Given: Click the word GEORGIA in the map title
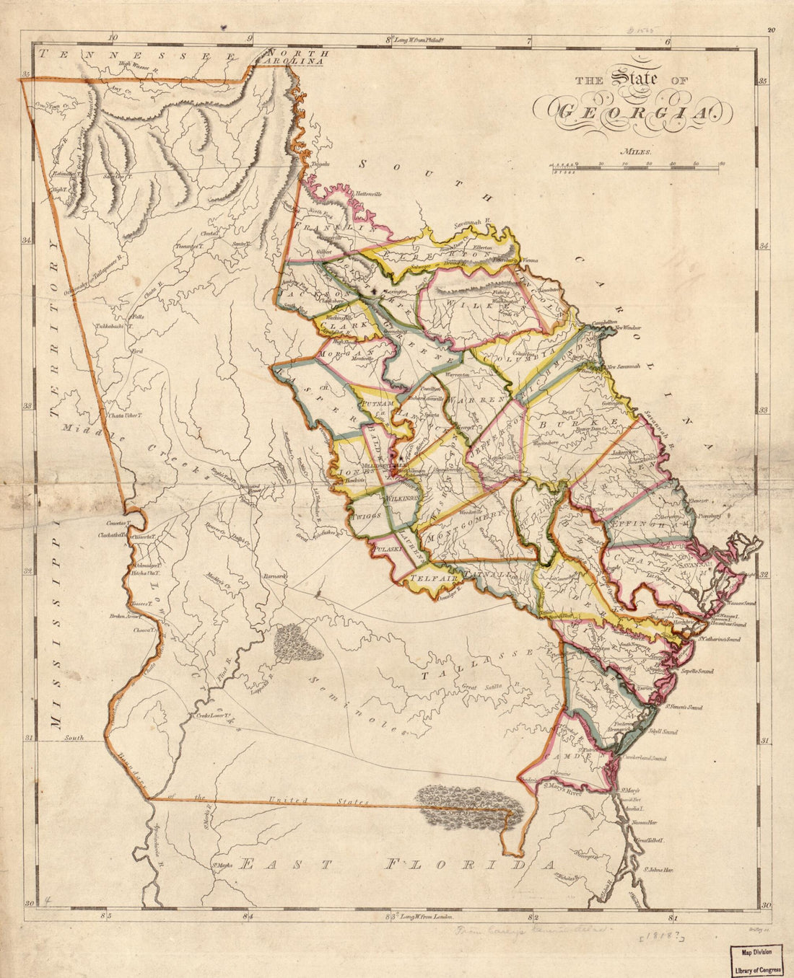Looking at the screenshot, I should [632, 113].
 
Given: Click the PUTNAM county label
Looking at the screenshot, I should [378, 405].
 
